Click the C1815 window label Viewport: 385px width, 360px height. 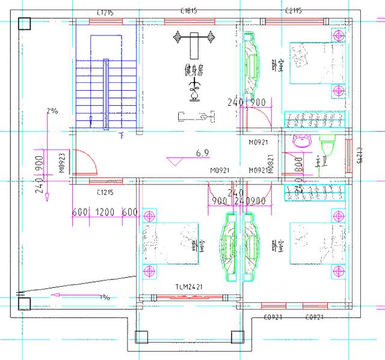coord(191,11)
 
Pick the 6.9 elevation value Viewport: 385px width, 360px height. coord(202,154)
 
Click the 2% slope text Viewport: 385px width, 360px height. coord(52,111)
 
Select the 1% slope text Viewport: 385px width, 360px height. coord(105,297)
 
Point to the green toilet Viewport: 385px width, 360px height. coord(328,147)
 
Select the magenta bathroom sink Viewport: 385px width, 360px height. coord(300,142)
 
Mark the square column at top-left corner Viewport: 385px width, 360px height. coord(25,24)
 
